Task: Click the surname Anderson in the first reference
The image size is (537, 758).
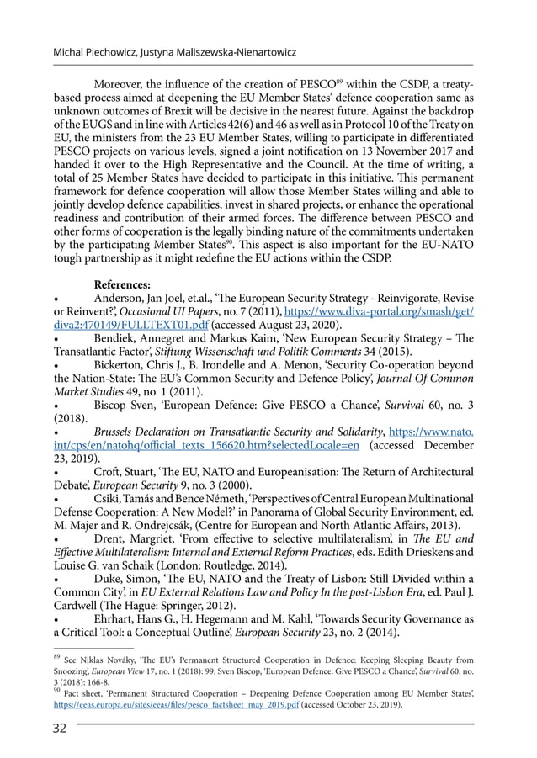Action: coord(123,298)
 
